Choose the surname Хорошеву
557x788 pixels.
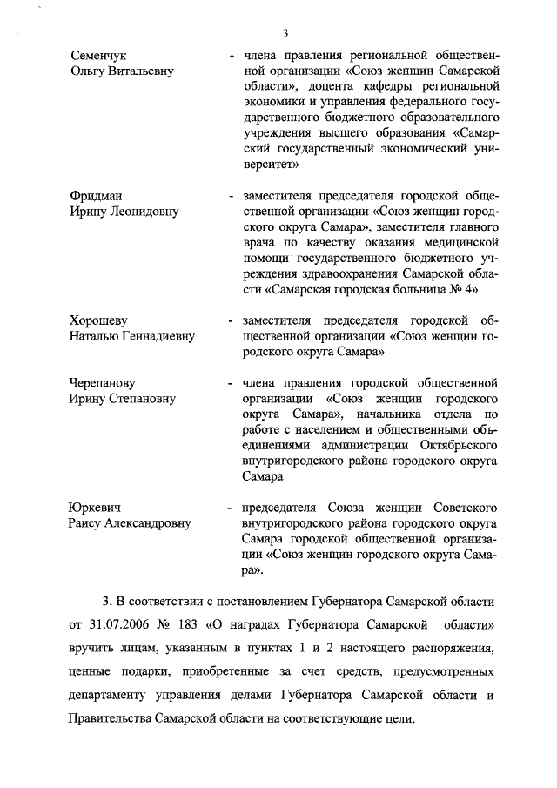[98, 321]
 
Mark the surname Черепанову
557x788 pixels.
[103, 383]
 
